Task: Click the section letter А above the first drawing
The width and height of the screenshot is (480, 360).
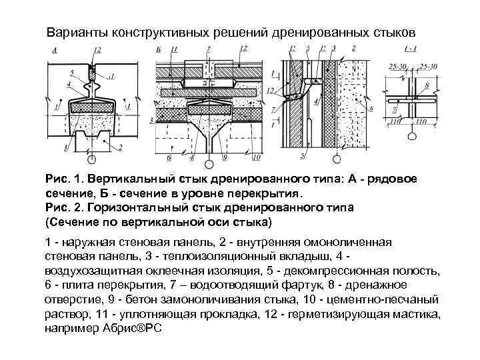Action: [x=53, y=51]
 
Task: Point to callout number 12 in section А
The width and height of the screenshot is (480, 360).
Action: [x=98, y=51]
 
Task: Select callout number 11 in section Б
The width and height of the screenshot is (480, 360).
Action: [x=174, y=50]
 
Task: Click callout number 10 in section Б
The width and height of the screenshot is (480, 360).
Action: [x=256, y=159]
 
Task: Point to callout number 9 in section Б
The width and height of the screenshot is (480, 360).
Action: [x=225, y=159]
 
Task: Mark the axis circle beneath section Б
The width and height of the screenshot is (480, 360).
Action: [x=209, y=163]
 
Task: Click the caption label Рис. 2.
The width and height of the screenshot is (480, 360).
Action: [x=62, y=207]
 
